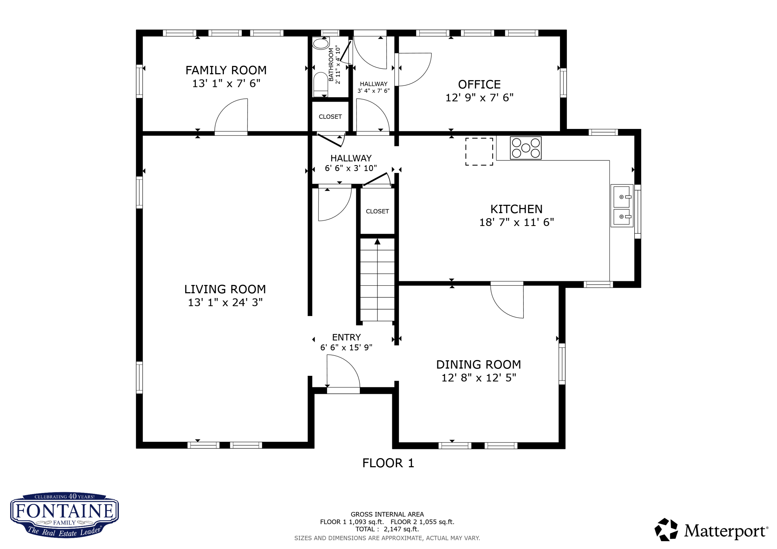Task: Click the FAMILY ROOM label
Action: pos(226,70)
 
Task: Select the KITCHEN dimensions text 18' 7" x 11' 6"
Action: pos(516,222)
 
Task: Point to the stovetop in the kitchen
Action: pos(526,148)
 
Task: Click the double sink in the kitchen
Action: pos(622,206)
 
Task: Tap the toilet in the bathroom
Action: pos(320,85)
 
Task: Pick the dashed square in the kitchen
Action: pos(479,151)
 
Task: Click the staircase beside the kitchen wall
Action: pos(377,280)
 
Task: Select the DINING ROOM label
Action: pos(479,365)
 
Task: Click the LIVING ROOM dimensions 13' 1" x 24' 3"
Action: pos(225,302)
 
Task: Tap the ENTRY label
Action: pos(346,337)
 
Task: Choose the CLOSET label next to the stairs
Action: pos(377,211)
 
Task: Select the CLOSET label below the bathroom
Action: pos(330,117)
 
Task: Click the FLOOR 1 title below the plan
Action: pos(388,463)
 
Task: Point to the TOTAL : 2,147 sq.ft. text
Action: pos(387,529)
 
